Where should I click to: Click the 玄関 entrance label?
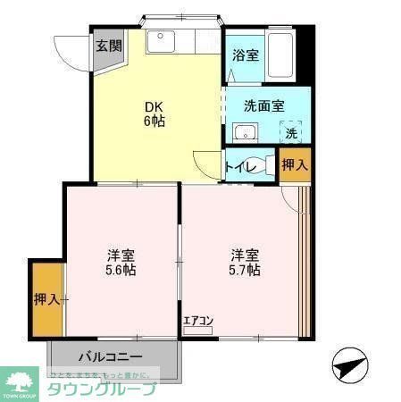[x=109, y=46]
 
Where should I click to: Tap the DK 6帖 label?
[x=155, y=115]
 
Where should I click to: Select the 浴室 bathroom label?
[x=245, y=55]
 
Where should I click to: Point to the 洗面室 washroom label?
[x=264, y=105]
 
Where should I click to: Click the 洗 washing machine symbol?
[x=291, y=133]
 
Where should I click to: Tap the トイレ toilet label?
[x=242, y=166]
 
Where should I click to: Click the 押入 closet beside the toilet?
[x=294, y=165]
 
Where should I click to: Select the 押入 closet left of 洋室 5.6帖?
[x=46, y=299]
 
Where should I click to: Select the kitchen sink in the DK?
[x=164, y=41]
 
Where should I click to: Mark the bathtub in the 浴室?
[x=282, y=55]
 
